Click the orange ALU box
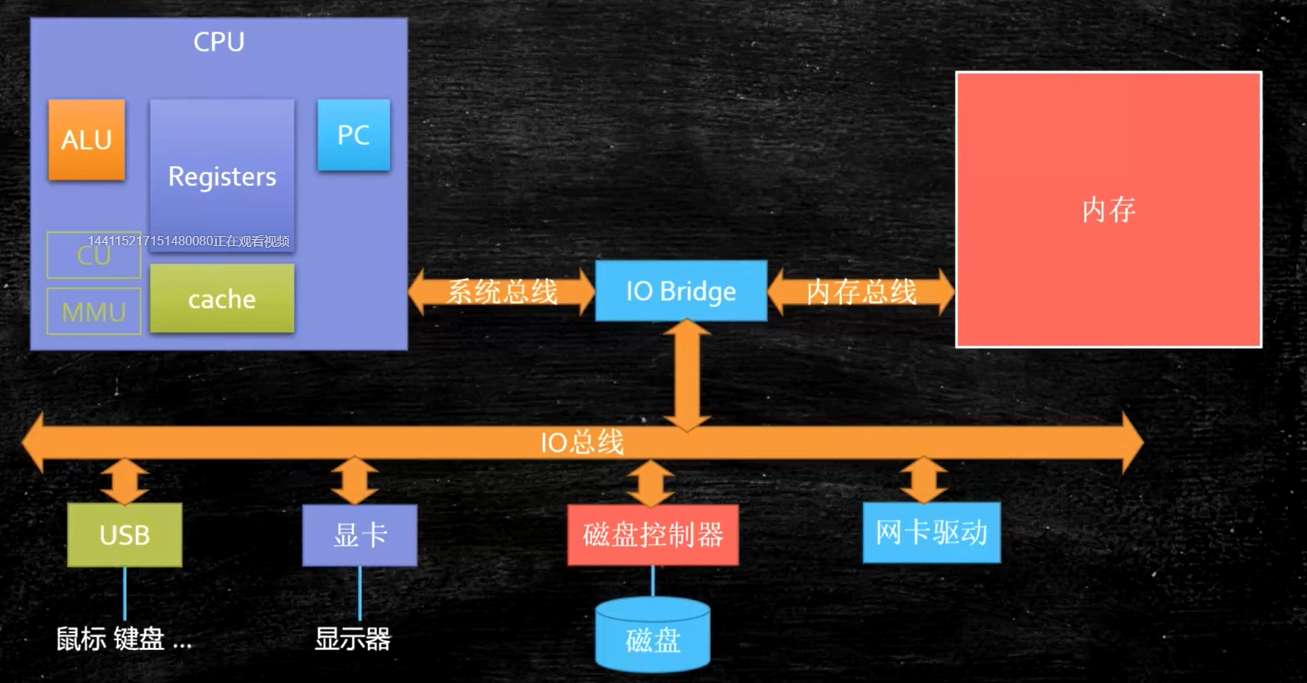86,140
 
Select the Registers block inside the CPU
222,176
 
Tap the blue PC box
353,135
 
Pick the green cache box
222,298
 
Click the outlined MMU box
93,312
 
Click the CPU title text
218,41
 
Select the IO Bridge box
681,291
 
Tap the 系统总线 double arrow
502,291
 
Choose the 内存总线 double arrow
861,291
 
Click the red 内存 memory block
1108,210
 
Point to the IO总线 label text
582,442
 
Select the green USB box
124,535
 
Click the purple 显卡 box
359,535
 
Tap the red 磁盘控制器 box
652,535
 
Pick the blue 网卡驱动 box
931,533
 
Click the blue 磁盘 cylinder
652,637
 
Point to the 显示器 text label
352,639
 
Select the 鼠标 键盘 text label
123,639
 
